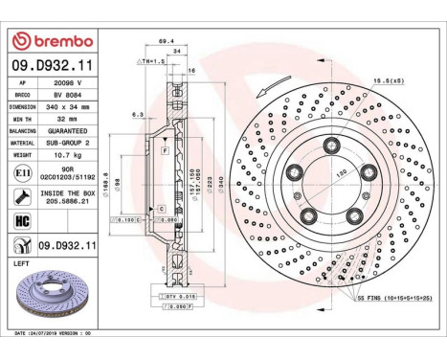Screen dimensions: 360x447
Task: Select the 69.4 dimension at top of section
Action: pyautogui.click(x=165, y=42)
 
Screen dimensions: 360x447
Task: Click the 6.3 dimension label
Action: pyautogui.click(x=138, y=113)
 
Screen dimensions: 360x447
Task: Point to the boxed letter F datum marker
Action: pyautogui.click(x=167, y=151)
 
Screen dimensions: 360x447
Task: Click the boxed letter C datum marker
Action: pyautogui.click(x=161, y=208)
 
